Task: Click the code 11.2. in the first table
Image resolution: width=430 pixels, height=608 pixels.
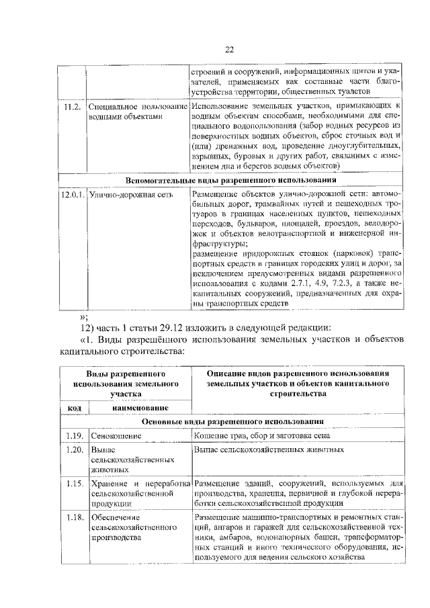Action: point(71,106)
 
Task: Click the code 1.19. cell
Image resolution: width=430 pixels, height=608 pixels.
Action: point(74,435)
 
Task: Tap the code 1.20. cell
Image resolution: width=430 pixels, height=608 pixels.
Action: point(74,449)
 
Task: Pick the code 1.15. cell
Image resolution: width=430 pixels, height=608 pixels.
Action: point(74,483)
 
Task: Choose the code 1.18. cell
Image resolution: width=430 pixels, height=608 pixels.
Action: point(74,517)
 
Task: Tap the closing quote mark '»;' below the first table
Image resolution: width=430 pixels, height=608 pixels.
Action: point(84,316)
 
